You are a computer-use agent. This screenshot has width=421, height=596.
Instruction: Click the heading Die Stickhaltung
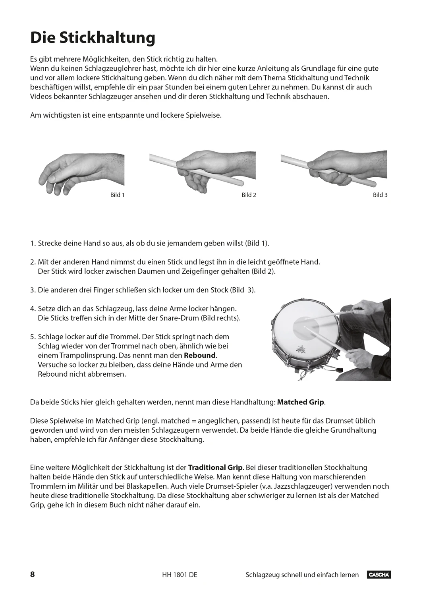coord(93,38)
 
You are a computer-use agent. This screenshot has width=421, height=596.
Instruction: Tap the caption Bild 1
coord(118,195)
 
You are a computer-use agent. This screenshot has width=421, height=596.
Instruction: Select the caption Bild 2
coord(249,195)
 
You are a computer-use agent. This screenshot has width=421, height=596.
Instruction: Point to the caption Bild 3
coord(380,195)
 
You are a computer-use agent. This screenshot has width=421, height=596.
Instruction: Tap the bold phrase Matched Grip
coord(301,402)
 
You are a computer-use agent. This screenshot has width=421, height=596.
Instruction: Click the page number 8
coord(33,575)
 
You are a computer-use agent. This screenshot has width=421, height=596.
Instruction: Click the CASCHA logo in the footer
coord(379,575)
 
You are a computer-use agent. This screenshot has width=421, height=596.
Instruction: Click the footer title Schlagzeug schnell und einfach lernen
coord(302,575)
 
